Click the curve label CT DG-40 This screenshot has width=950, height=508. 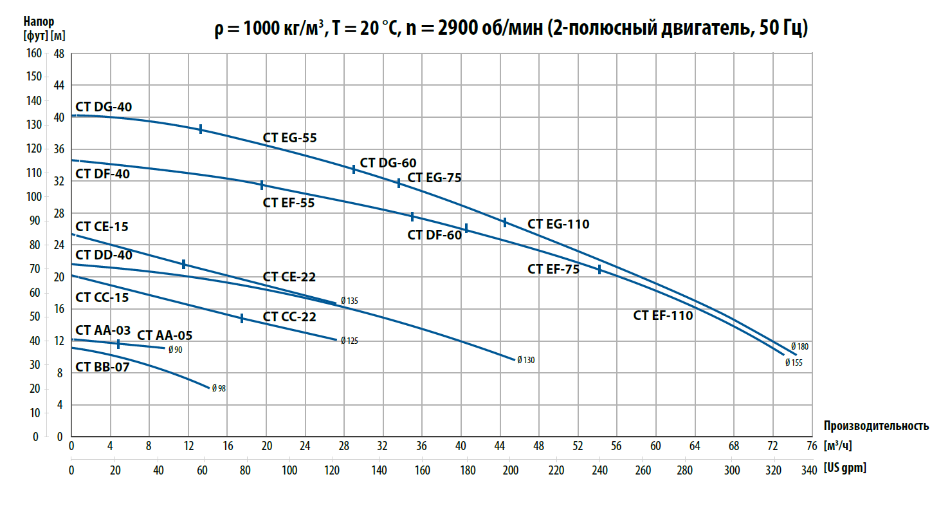pyautogui.click(x=104, y=107)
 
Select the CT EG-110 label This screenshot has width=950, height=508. pyautogui.click(x=558, y=224)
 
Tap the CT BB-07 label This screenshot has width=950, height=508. pyautogui.click(x=103, y=368)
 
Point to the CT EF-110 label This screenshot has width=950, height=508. pyautogui.click(x=663, y=315)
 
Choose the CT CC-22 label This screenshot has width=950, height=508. pyautogui.click(x=289, y=317)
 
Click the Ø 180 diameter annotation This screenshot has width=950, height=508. pyautogui.click(x=799, y=346)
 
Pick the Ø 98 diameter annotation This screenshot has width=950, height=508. pyautogui.click(x=219, y=388)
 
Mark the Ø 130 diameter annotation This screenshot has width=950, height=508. pyautogui.click(x=525, y=360)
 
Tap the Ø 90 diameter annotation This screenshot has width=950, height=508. pyautogui.click(x=175, y=350)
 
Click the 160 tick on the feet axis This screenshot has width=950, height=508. pyautogui.click(x=33, y=53)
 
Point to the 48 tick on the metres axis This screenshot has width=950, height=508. pyautogui.click(x=59, y=53)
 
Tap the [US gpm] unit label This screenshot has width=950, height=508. pyautogui.click(x=845, y=469)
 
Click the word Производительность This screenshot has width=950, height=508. pyautogui.click(x=876, y=426)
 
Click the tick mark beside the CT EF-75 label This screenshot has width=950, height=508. pyautogui.click(x=599, y=269)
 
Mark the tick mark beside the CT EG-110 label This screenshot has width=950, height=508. pyautogui.click(x=505, y=222)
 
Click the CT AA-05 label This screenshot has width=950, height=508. pyautogui.click(x=165, y=335)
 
